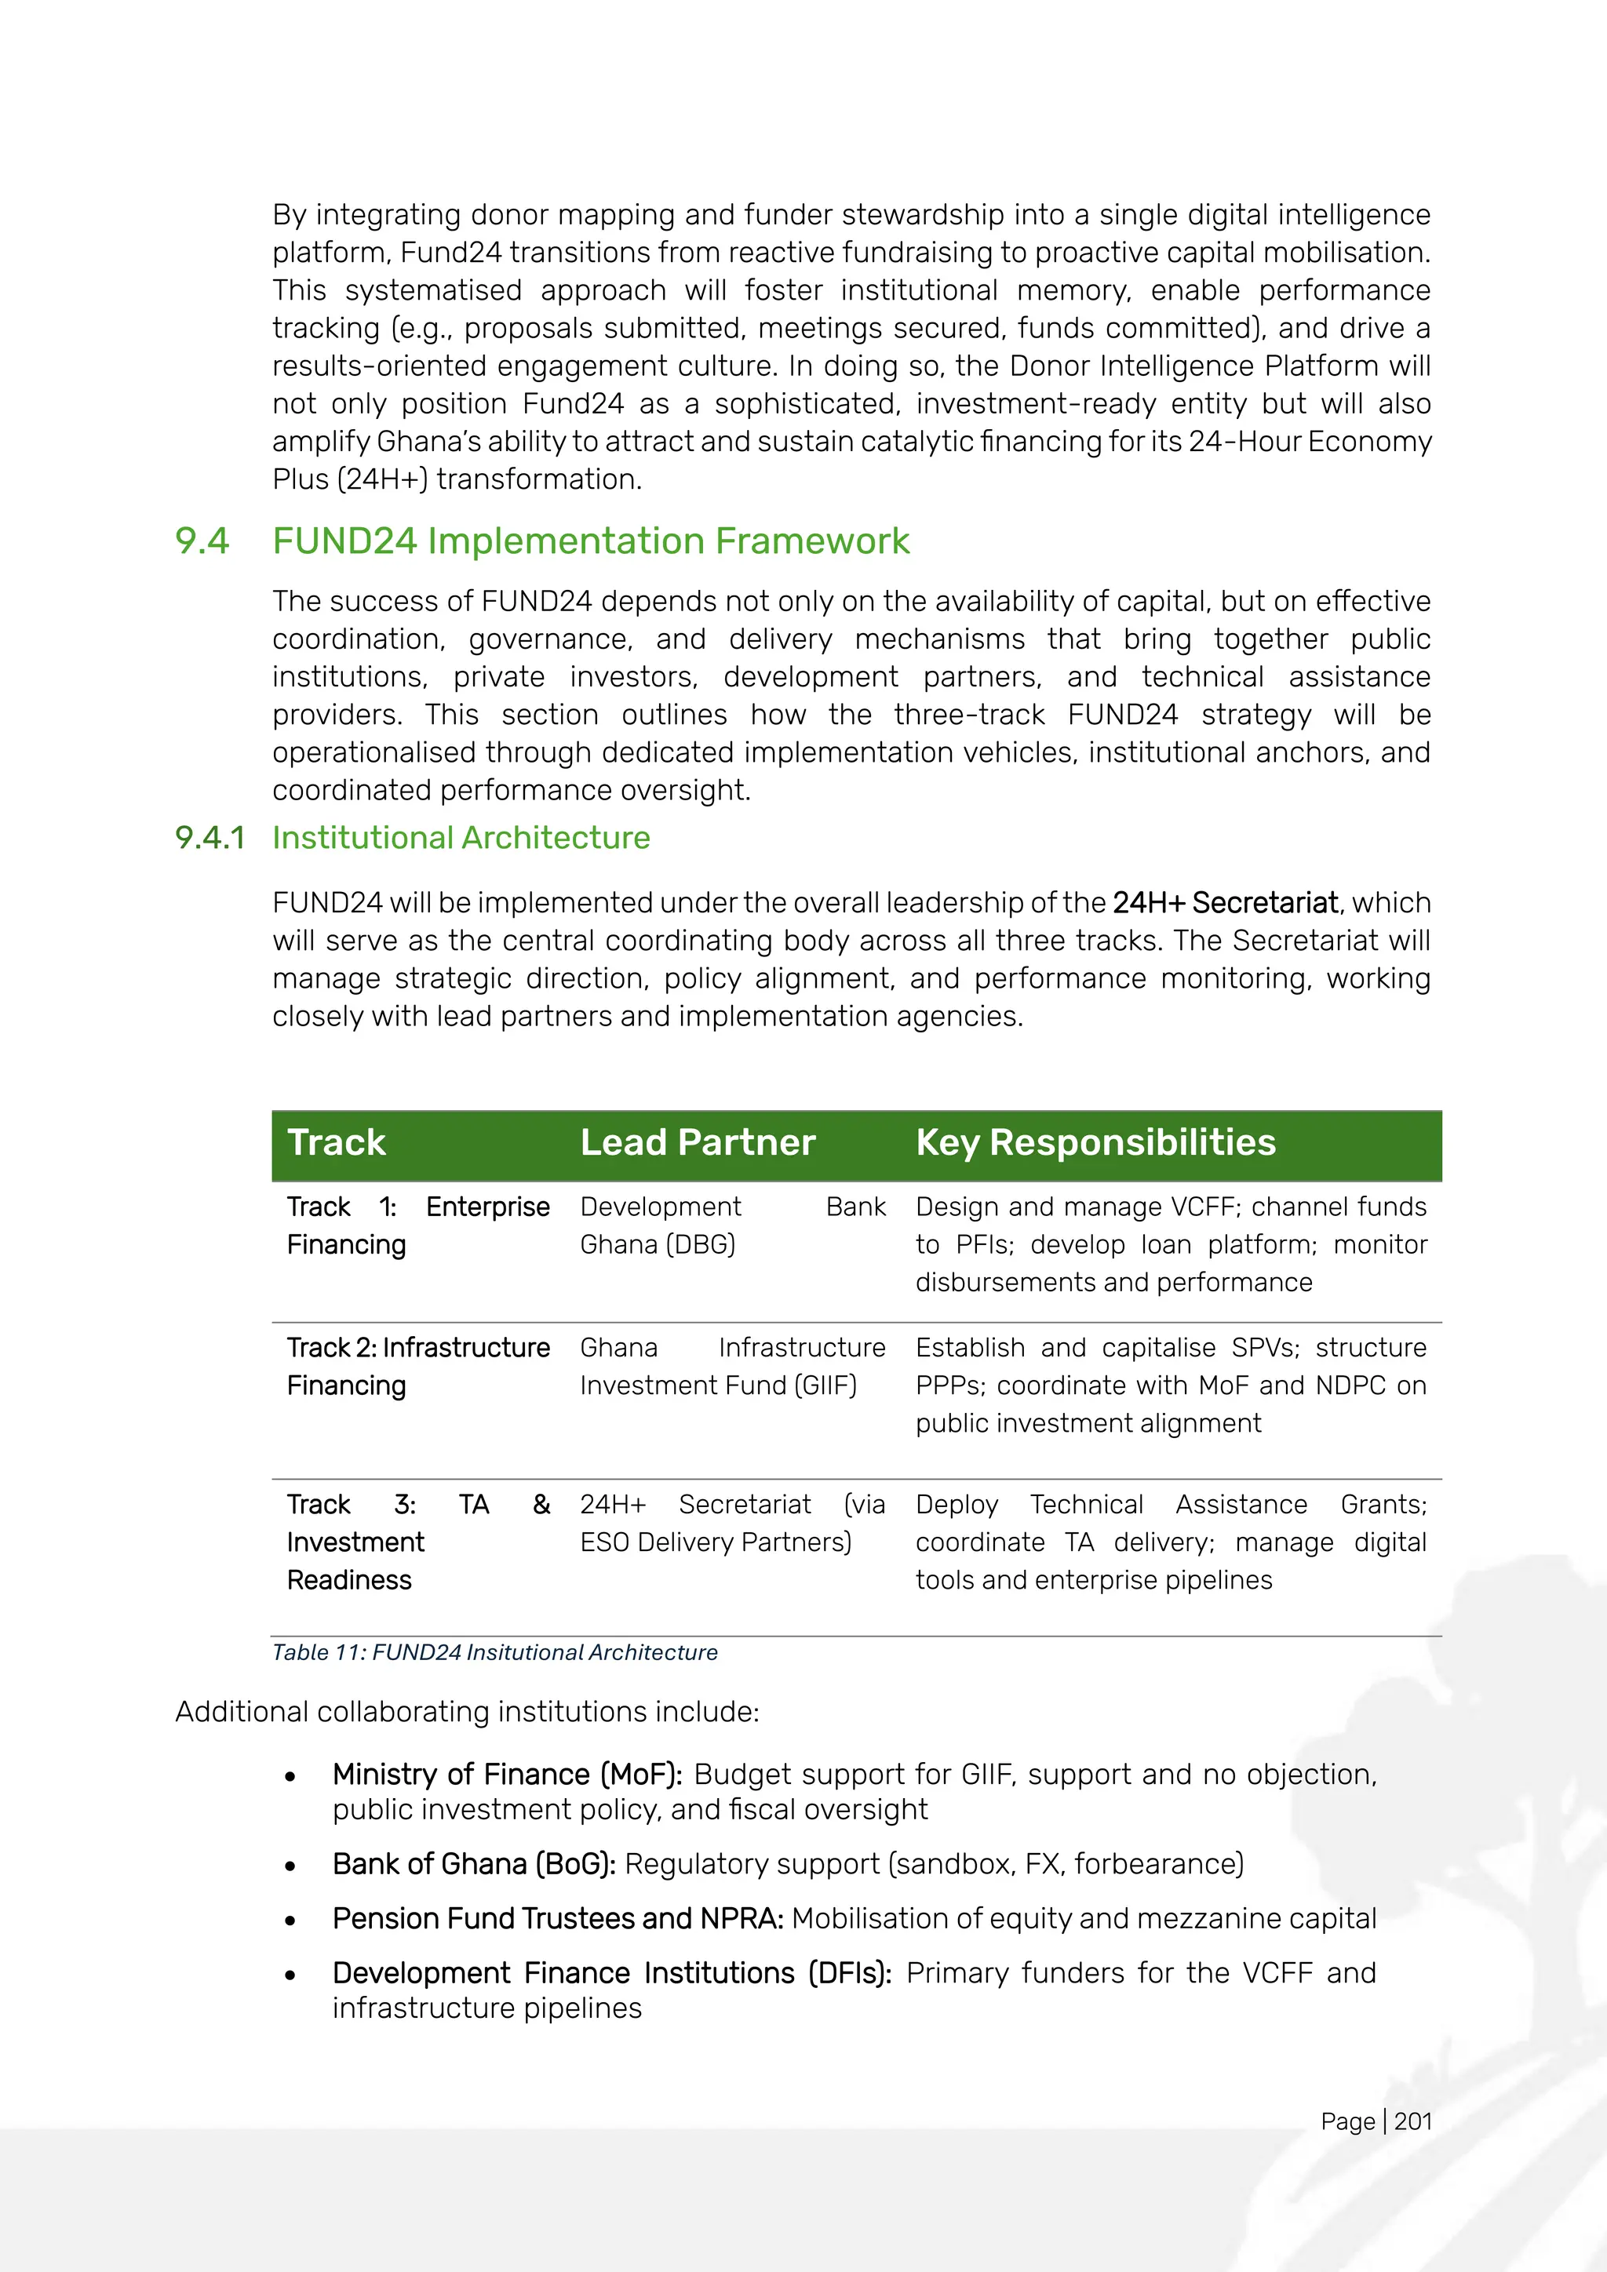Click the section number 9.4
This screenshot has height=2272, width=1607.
coord(202,541)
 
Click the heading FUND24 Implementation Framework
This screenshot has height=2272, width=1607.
coord(591,541)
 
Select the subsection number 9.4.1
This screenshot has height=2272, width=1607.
coord(210,838)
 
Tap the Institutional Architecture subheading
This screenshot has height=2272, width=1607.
coord(461,838)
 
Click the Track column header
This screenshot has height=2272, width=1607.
coord(337,1143)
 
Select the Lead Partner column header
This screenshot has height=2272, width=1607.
coord(698,1143)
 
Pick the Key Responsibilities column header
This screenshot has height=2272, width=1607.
coord(1095,1143)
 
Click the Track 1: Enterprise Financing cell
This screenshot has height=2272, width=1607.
coord(417,1225)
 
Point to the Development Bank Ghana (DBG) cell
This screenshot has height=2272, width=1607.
coord(732,1225)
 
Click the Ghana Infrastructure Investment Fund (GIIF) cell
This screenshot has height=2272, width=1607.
coord(732,1367)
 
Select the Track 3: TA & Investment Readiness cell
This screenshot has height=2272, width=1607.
coord(417,1542)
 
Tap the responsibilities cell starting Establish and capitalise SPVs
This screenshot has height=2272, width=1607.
coord(1170,1385)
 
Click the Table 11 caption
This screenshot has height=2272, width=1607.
coord(495,1652)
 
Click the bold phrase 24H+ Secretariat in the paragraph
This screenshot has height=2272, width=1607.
coord(1225,904)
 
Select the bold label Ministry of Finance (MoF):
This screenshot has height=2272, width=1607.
coord(507,1775)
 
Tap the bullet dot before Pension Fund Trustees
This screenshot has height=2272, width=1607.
coord(290,1921)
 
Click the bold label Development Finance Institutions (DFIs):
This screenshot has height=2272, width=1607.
coord(611,1973)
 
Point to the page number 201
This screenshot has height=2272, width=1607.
coord(1413,2121)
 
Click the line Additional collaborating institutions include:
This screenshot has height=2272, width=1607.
coord(467,1712)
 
